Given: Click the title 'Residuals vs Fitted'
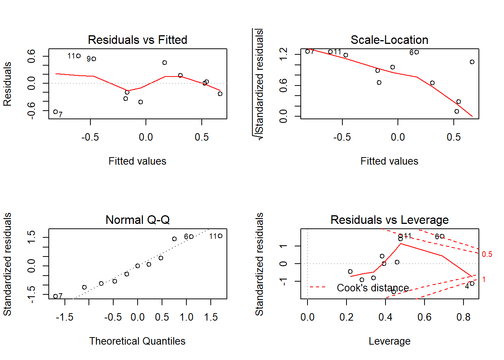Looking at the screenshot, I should pyautogui.click(x=137, y=40).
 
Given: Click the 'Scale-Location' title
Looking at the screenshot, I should pyautogui.click(x=389, y=40).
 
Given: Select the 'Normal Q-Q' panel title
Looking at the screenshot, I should pyautogui.click(x=137, y=220).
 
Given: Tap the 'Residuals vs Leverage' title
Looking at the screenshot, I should pyautogui.click(x=389, y=220).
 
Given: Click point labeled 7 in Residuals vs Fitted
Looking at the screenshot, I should pyautogui.click(x=55, y=112).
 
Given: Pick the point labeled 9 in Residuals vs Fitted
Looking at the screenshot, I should pyautogui.click(x=94, y=59).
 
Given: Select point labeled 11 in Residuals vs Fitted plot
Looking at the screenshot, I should pyautogui.click(x=78, y=56).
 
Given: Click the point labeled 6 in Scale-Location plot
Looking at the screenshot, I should pyautogui.click(x=417, y=52).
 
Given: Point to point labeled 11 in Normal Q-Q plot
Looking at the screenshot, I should pyautogui.click(x=220, y=236).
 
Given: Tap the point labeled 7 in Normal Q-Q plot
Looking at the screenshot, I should pyautogui.click(x=55, y=296).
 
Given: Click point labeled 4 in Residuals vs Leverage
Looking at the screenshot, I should pyautogui.click(x=472, y=283).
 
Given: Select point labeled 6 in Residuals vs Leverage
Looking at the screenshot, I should pyautogui.click(x=442, y=236).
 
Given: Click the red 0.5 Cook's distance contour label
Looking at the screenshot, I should pyautogui.click(x=487, y=254).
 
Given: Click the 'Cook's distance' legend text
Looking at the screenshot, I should pyautogui.click(x=373, y=288).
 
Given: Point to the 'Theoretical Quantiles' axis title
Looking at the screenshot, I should pyautogui.click(x=137, y=341).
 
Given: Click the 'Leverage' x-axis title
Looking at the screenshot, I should pyautogui.click(x=389, y=341).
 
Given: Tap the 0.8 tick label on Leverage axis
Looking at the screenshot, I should pyautogui.click(x=463, y=317).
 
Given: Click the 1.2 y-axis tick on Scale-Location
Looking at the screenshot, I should pyautogui.click(x=283, y=54).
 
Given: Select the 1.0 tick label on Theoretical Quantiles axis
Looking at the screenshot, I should pyautogui.click(x=186, y=317).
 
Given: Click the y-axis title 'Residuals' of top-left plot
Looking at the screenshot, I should pyautogui.click(x=7, y=84).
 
